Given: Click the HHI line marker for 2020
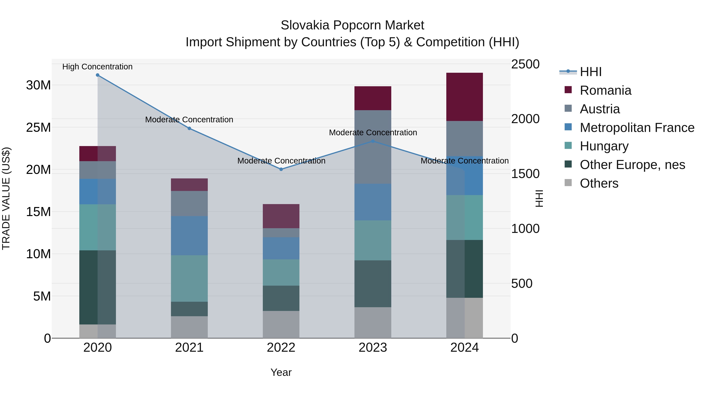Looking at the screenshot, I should [x=98, y=75].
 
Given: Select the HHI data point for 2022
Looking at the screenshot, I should [x=281, y=169].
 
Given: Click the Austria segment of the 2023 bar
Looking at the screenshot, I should [x=372, y=147].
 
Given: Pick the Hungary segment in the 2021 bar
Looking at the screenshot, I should [x=189, y=278].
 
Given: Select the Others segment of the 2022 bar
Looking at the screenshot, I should [x=281, y=324].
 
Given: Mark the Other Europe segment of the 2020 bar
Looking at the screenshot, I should [x=98, y=287].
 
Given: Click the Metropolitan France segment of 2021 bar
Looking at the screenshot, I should [x=189, y=236].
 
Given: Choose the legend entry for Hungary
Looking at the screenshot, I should [x=604, y=146].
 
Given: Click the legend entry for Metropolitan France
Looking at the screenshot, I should [x=637, y=128].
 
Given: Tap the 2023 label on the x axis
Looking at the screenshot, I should [x=372, y=348].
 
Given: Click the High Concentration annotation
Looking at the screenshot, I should [x=98, y=67].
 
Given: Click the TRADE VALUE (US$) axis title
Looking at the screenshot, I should [x=6, y=198].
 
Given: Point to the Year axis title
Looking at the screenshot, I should [x=281, y=372].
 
